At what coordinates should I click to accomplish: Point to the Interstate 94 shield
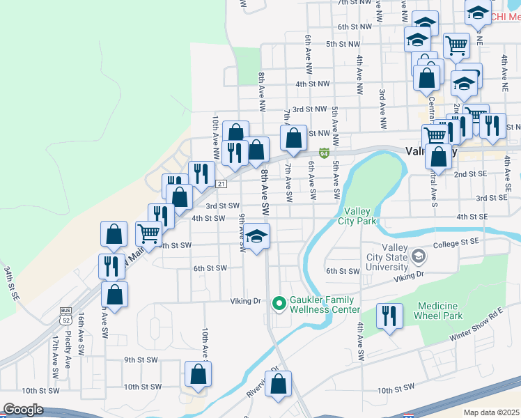coord(324,153)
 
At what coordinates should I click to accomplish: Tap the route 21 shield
coord(220,183)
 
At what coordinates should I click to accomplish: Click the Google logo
coord(23,410)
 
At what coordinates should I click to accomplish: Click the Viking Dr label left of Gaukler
coord(245,301)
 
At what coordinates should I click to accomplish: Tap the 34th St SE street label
coord(10,282)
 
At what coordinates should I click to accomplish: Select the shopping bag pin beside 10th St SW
coord(199,374)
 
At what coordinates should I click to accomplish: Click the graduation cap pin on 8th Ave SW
coord(257,235)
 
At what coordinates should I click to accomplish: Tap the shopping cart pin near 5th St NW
coord(456,45)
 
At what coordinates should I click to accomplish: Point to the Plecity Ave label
coord(68,349)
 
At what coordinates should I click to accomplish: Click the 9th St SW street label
coord(141,359)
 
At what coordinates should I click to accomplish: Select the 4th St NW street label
coord(311,84)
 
